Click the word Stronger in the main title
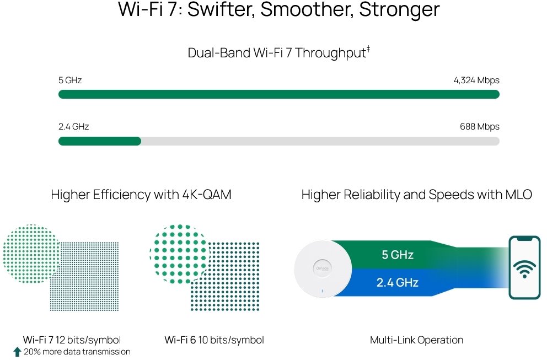pos(399,10)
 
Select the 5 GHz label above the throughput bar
pos(70,80)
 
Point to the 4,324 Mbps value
pos(476,80)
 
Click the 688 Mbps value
pos(479,126)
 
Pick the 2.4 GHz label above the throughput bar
pos(73,126)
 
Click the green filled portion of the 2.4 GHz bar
pos(100,141)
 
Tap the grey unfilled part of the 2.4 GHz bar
pos(320,141)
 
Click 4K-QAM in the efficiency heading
pos(207,194)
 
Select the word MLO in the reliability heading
pos(518,194)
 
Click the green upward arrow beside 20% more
pos(18,352)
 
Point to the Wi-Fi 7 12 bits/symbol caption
pos(72,340)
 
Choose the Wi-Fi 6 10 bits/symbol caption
pos(214,340)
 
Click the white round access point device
pos(323,268)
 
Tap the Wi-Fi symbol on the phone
pos(524,269)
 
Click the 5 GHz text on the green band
pos(398,255)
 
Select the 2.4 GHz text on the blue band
pos(398,282)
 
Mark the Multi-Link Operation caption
pos(416,340)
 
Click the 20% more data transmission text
pos(77,352)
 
